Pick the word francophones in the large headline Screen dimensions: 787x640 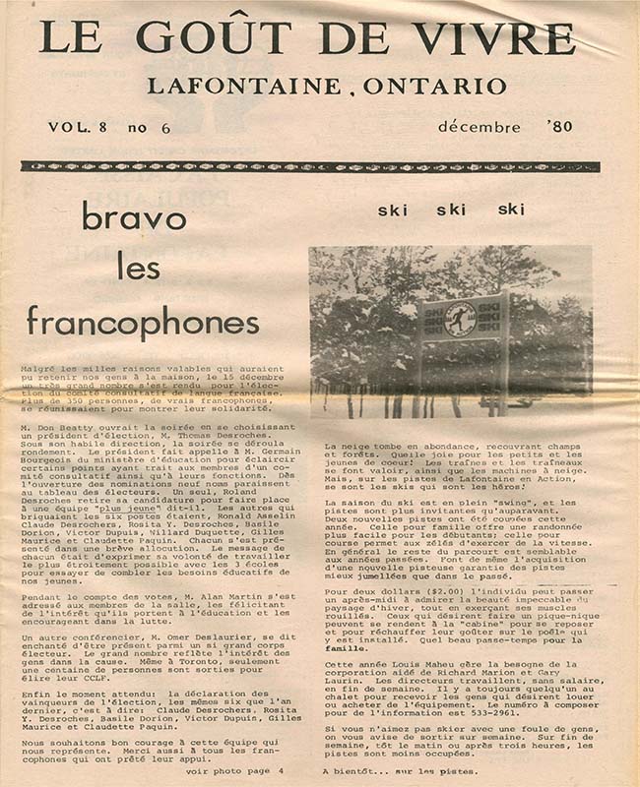143,320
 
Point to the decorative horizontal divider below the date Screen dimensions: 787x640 309,167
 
